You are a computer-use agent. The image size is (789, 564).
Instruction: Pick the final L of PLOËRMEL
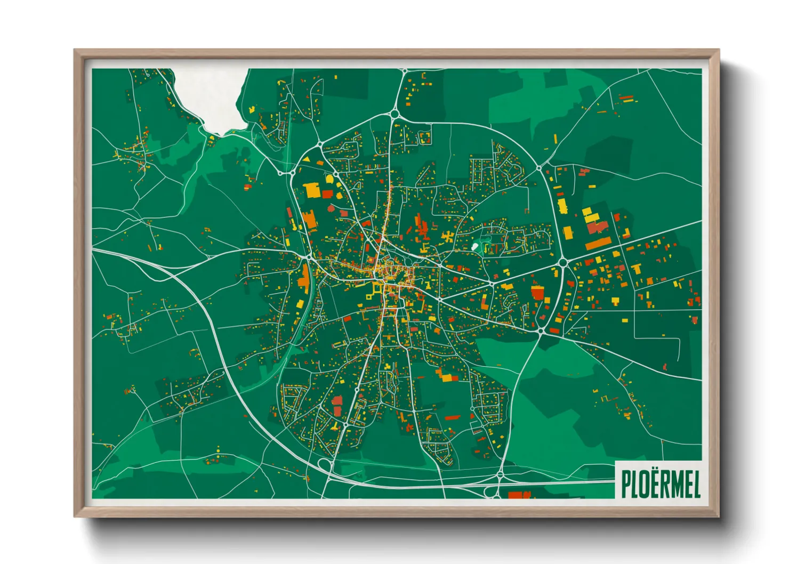coord(696,484)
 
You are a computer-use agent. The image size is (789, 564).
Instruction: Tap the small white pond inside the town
coord(474,246)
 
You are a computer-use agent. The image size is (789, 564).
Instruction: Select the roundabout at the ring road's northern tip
coord(395,113)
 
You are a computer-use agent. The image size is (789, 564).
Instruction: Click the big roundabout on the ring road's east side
coord(562,262)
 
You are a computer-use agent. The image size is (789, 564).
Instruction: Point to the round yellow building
coord(329,178)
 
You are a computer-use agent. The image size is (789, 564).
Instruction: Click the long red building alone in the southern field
coord(452,417)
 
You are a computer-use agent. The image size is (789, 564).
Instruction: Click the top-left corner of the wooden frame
coord(75,51)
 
